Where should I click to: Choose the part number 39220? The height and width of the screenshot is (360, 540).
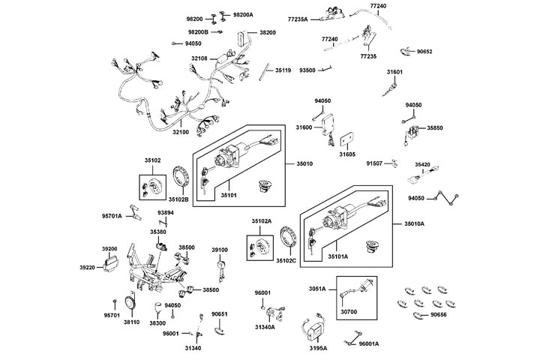click(88, 268)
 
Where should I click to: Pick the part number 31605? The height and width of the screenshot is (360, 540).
click(347, 154)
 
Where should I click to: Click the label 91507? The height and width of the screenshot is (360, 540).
click(375, 163)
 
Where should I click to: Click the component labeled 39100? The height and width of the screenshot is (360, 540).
click(221, 263)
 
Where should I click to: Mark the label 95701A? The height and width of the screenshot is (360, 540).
click(112, 216)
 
